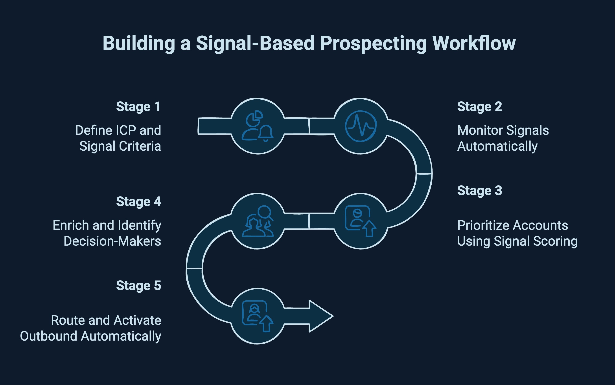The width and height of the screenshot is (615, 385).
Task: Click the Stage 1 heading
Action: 138,107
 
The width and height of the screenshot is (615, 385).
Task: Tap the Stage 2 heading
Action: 479,107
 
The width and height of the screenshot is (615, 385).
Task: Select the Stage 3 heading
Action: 479,191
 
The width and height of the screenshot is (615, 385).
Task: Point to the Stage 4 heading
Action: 138,202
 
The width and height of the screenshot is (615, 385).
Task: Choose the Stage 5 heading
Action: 138,286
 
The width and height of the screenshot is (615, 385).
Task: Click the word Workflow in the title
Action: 474,43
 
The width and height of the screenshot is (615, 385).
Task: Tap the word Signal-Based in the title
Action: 255,43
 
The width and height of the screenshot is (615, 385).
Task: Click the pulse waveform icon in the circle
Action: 360,126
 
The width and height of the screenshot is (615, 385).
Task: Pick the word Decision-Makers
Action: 112,241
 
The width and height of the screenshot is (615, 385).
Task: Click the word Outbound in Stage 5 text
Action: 48,336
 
